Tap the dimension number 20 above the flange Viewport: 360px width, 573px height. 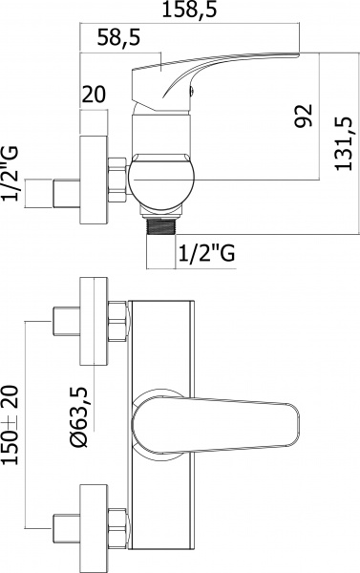(92, 95)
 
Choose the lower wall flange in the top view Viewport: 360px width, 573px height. (93, 525)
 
